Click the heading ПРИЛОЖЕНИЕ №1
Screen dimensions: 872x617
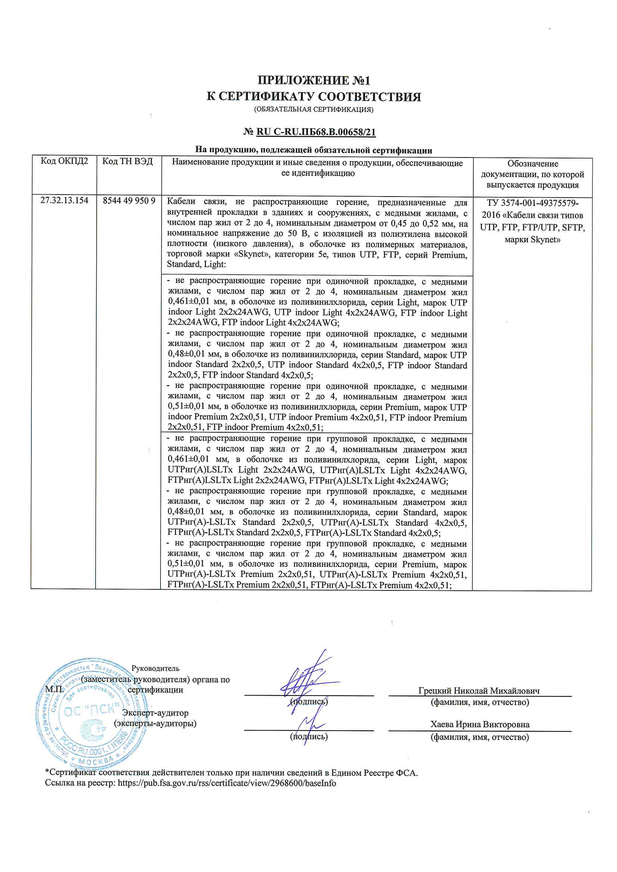[314, 81]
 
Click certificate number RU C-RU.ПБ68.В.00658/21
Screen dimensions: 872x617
[316, 132]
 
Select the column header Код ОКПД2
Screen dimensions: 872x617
[64, 161]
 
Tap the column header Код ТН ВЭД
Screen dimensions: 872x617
[128, 161]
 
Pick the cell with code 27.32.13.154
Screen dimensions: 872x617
[64, 201]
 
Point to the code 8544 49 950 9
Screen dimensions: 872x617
[129, 201]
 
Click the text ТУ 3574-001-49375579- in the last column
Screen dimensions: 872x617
[532, 203]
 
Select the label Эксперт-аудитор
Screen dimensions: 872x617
[155, 713]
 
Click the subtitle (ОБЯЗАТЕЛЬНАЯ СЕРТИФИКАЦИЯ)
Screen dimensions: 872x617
[314, 109]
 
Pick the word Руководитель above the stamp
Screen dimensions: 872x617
[155, 668]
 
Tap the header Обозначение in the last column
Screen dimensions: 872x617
[532, 164]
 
